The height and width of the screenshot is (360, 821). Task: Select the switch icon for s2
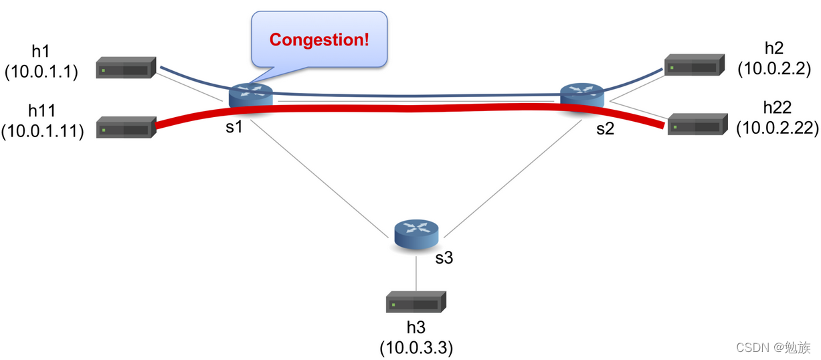581,94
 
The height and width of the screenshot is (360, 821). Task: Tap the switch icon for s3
416,232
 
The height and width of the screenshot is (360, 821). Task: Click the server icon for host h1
125,68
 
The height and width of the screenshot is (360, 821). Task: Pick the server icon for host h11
125,127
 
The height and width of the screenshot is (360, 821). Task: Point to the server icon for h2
694,66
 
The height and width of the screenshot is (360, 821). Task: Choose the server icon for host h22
697,124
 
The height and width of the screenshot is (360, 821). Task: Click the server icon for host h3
416,302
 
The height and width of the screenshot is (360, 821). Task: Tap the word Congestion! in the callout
319,39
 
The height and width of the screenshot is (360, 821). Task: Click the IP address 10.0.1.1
41,72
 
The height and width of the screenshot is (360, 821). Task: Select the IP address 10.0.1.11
42,130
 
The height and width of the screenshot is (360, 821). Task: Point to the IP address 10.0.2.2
774,69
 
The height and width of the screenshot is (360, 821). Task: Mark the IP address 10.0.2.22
778,127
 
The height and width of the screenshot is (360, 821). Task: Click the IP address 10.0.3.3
416,348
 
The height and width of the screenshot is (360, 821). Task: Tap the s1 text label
234,127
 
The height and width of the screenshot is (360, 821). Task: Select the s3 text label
444,258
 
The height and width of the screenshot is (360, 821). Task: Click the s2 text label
605,129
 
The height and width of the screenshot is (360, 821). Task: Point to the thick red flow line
415,108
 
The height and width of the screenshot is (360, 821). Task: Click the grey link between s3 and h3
416,271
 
